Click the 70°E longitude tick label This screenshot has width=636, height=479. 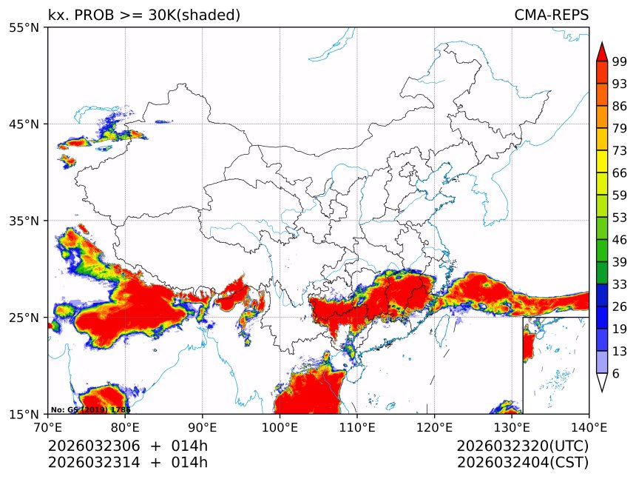pos(48,426)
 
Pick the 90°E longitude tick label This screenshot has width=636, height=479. pos(203,426)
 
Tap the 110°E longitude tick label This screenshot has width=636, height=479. pos(357,426)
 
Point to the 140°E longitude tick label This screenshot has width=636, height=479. pos(589,426)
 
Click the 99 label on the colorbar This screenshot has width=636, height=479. pos(620,62)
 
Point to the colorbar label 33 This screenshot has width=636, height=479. pos(620,284)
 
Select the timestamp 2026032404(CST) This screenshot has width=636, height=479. pos(522,463)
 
